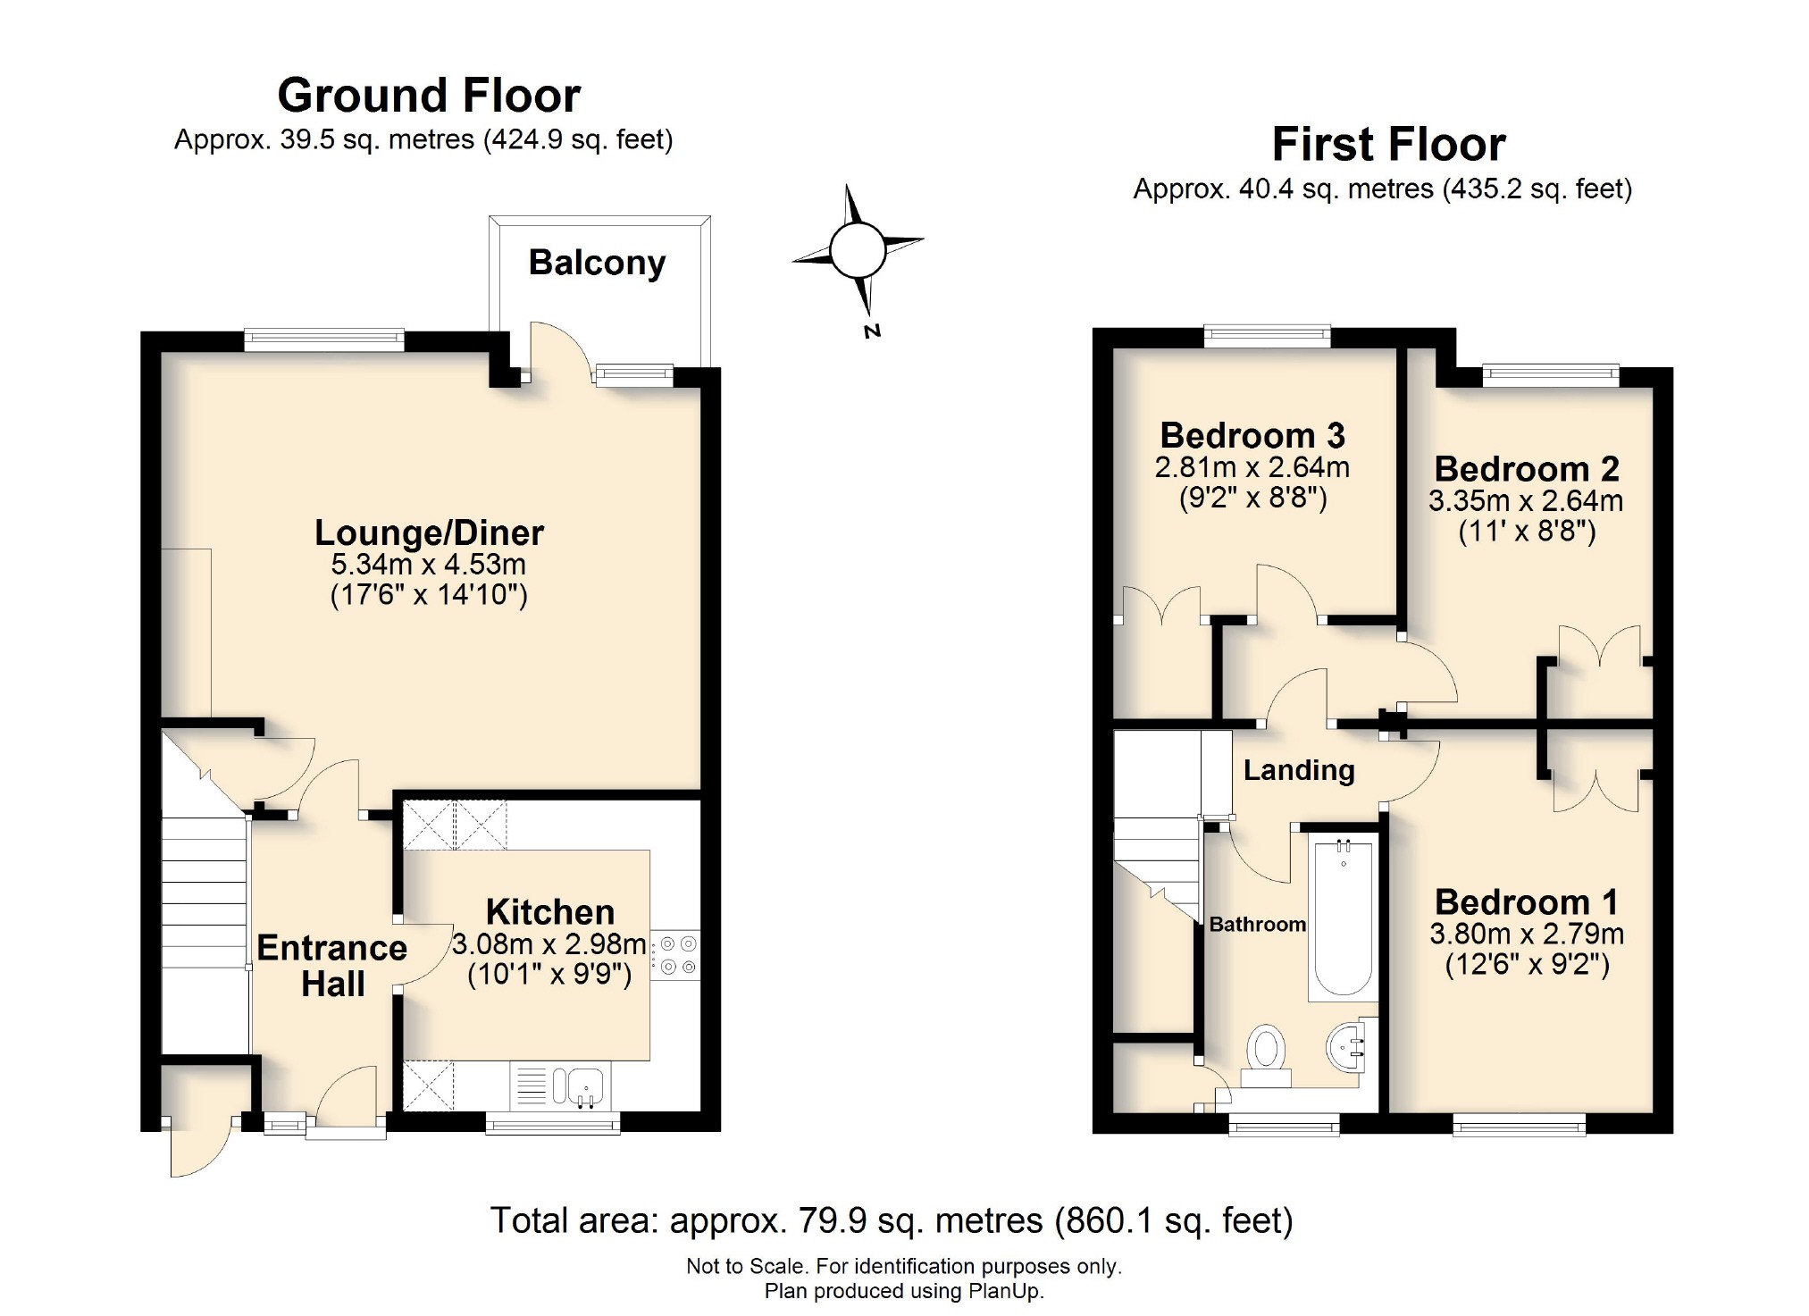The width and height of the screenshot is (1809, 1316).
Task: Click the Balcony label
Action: pos(597,263)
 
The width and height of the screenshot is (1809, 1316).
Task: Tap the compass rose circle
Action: pos(857,250)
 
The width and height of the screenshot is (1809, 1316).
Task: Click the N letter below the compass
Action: pos(872,331)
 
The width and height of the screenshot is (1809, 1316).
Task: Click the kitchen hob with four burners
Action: pos(676,955)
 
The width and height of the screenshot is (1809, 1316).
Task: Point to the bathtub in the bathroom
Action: pos(1343,918)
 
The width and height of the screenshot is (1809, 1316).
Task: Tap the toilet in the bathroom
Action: pos(1266,1054)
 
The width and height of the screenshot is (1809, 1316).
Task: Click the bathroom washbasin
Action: pos(1348,1047)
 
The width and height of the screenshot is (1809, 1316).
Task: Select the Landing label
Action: pos(1299,770)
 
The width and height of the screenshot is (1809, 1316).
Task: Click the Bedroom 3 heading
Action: pos(1252,435)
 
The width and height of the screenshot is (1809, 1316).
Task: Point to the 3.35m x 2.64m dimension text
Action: pos(1526,501)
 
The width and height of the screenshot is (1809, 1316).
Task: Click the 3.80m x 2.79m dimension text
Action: pos(1527,935)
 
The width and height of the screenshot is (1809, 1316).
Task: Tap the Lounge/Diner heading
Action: pos(429,532)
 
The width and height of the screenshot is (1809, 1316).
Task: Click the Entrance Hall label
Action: pos(332,966)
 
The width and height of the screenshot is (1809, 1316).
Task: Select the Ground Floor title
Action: pos(429,96)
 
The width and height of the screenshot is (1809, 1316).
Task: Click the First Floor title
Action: pos(1388,145)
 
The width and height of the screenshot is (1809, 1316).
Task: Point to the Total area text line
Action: pos(892,1220)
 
